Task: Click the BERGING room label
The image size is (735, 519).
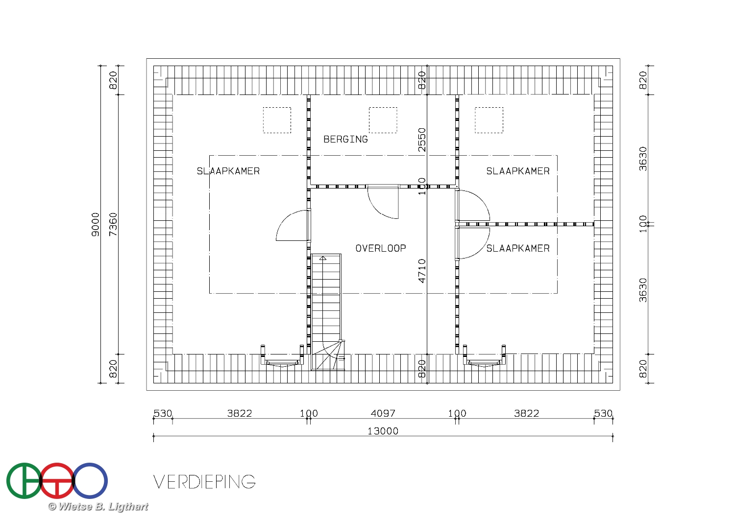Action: click(345, 140)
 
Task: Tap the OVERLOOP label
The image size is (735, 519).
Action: click(381, 248)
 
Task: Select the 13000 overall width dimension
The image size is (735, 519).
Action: click(383, 431)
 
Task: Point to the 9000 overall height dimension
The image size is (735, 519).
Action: click(95, 224)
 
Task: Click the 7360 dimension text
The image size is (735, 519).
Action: click(113, 224)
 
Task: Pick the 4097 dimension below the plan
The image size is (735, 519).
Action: click(383, 413)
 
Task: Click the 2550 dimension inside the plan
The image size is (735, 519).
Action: click(422, 140)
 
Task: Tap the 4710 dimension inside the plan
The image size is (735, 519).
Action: click(422, 271)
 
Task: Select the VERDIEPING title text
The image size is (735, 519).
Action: click(204, 482)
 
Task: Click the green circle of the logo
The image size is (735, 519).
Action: click(10, 481)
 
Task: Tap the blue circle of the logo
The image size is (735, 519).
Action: click(105, 481)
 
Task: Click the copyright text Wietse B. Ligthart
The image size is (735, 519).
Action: click(98, 507)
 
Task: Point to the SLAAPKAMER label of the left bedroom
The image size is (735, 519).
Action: click(228, 171)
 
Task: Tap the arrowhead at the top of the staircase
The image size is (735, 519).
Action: click(323, 258)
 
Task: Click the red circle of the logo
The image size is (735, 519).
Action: click(57, 464)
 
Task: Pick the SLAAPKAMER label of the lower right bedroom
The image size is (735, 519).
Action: click(518, 248)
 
